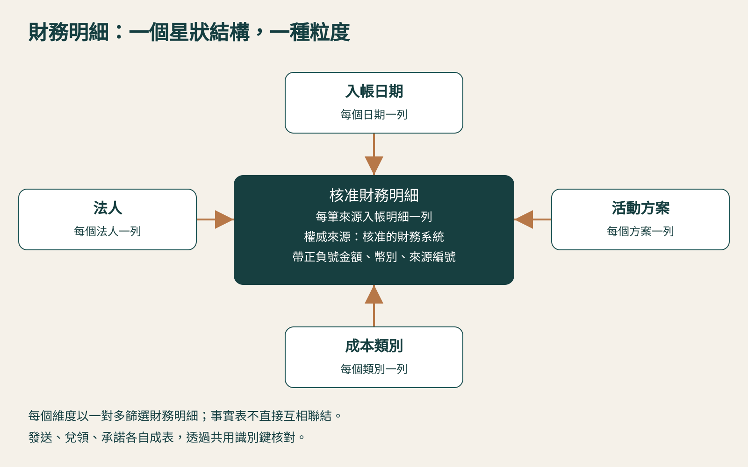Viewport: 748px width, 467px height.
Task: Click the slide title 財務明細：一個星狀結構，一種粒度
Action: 189,32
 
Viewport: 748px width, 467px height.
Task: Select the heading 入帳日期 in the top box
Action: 374,91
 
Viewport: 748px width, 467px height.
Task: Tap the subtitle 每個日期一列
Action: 374,114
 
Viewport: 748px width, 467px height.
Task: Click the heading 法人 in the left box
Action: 108,208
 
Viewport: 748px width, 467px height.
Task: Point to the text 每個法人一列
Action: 108,231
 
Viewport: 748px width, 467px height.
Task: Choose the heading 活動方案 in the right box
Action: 640,208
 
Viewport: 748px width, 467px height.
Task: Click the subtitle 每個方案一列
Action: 640,231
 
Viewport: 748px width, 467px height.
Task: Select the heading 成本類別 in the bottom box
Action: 374,346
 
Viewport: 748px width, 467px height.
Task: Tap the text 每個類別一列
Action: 374,369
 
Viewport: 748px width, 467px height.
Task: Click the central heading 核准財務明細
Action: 374,195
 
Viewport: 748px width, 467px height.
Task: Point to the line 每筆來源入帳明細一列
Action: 374,217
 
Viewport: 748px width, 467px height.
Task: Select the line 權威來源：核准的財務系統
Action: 374,237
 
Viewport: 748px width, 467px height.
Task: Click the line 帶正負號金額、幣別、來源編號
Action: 374,257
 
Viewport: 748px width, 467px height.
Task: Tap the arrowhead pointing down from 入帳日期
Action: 374,165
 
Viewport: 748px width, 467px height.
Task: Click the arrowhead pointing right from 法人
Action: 224,219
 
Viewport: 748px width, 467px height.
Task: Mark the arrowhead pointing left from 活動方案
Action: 524,219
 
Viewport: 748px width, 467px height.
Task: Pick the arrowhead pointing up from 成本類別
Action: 374,294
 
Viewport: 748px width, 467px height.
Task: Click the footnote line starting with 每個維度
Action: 185,416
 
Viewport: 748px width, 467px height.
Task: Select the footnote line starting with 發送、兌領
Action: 166,437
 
